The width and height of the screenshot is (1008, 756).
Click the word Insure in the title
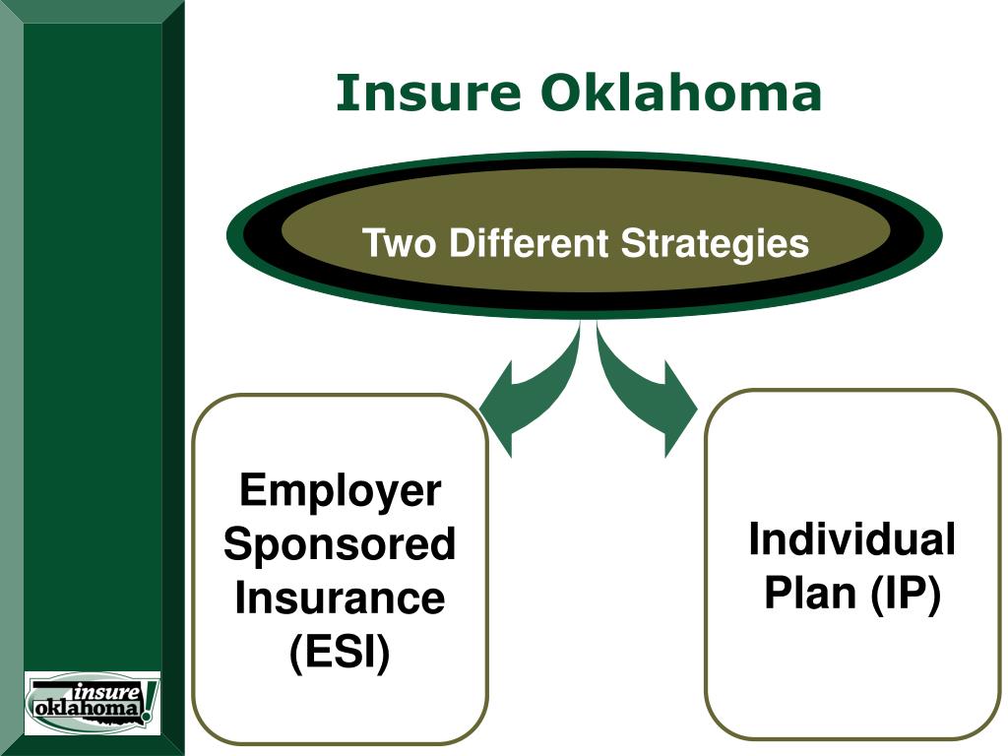coord(428,94)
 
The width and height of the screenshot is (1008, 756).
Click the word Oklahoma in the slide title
coord(680,94)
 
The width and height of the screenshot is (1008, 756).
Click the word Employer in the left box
coord(341,489)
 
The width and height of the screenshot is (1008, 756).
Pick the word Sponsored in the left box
coord(341,543)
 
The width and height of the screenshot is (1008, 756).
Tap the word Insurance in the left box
coord(341,598)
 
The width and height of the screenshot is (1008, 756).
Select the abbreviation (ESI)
coord(341,652)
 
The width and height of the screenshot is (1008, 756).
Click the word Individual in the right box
coord(851,539)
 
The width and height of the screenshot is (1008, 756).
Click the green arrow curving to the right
coord(645,394)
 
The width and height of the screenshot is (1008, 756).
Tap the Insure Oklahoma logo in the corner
coord(92,702)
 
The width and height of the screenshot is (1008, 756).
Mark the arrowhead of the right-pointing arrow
coord(681,406)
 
